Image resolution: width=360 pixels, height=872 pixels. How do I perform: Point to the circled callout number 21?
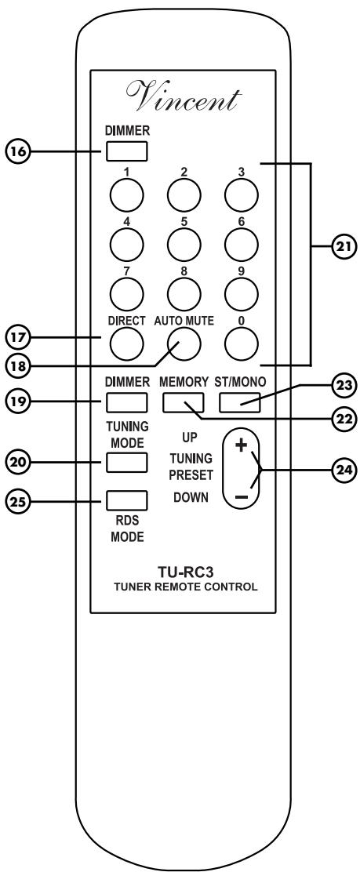[x=342, y=245]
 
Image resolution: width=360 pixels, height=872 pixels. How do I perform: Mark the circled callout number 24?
[x=342, y=471]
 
